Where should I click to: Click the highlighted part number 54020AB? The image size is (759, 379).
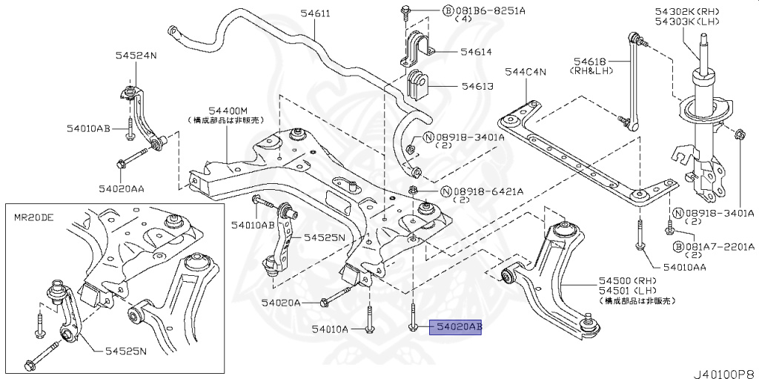tap(456, 326)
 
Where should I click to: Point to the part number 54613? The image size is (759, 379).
tap(477, 87)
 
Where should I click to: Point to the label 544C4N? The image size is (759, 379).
tap(525, 72)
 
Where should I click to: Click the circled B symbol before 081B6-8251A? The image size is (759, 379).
tap(428, 12)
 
